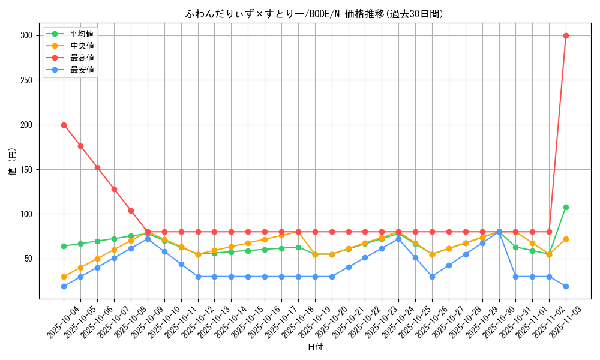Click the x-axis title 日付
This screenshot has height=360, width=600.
pos(315,347)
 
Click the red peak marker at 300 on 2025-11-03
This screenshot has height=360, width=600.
pos(566,35)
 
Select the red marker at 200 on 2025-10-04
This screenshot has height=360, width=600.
pos(64,125)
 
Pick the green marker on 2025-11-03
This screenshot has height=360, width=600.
pos(566,207)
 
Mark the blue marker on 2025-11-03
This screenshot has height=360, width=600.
pos(566,286)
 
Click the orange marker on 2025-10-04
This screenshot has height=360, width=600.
pos(64,277)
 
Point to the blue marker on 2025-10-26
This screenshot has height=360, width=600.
pos(432,277)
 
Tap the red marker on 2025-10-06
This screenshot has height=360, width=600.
pos(97,167)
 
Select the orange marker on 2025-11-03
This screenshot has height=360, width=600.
pos(566,239)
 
